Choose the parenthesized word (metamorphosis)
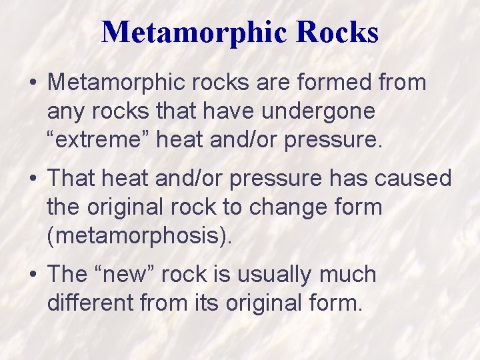pyautogui.click(x=139, y=237)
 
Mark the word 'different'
pyautogui.click(x=91, y=303)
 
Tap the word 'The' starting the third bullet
pyautogui.click(x=67, y=274)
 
